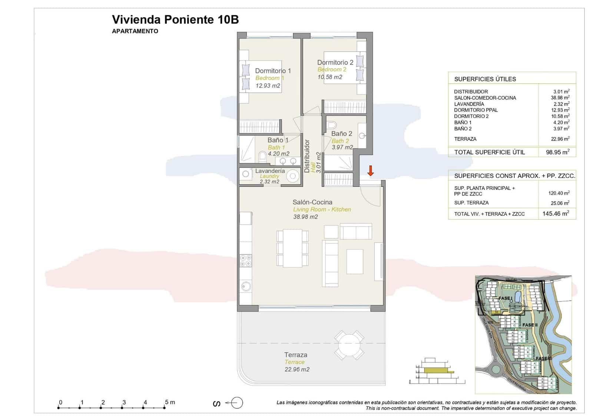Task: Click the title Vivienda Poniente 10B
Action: click(175, 20)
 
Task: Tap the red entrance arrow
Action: click(370, 171)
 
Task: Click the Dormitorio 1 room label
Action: click(273, 71)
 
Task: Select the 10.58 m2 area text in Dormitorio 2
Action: click(329, 77)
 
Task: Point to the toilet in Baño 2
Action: click(332, 124)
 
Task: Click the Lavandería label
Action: click(270, 171)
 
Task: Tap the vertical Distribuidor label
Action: click(307, 156)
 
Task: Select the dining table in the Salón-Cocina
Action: click(292, 248)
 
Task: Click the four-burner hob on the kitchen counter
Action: click(245, 261)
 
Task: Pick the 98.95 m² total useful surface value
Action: click(557, 152)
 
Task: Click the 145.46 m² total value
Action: click(556, 214)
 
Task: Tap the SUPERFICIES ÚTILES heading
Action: click(485, 79)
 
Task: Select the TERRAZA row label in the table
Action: click(465, 139)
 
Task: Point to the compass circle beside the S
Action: click(238, 403)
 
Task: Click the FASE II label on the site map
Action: click(530, 325)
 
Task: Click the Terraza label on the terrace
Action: click(295, 355)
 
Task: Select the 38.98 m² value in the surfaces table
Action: click(560, 98)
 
